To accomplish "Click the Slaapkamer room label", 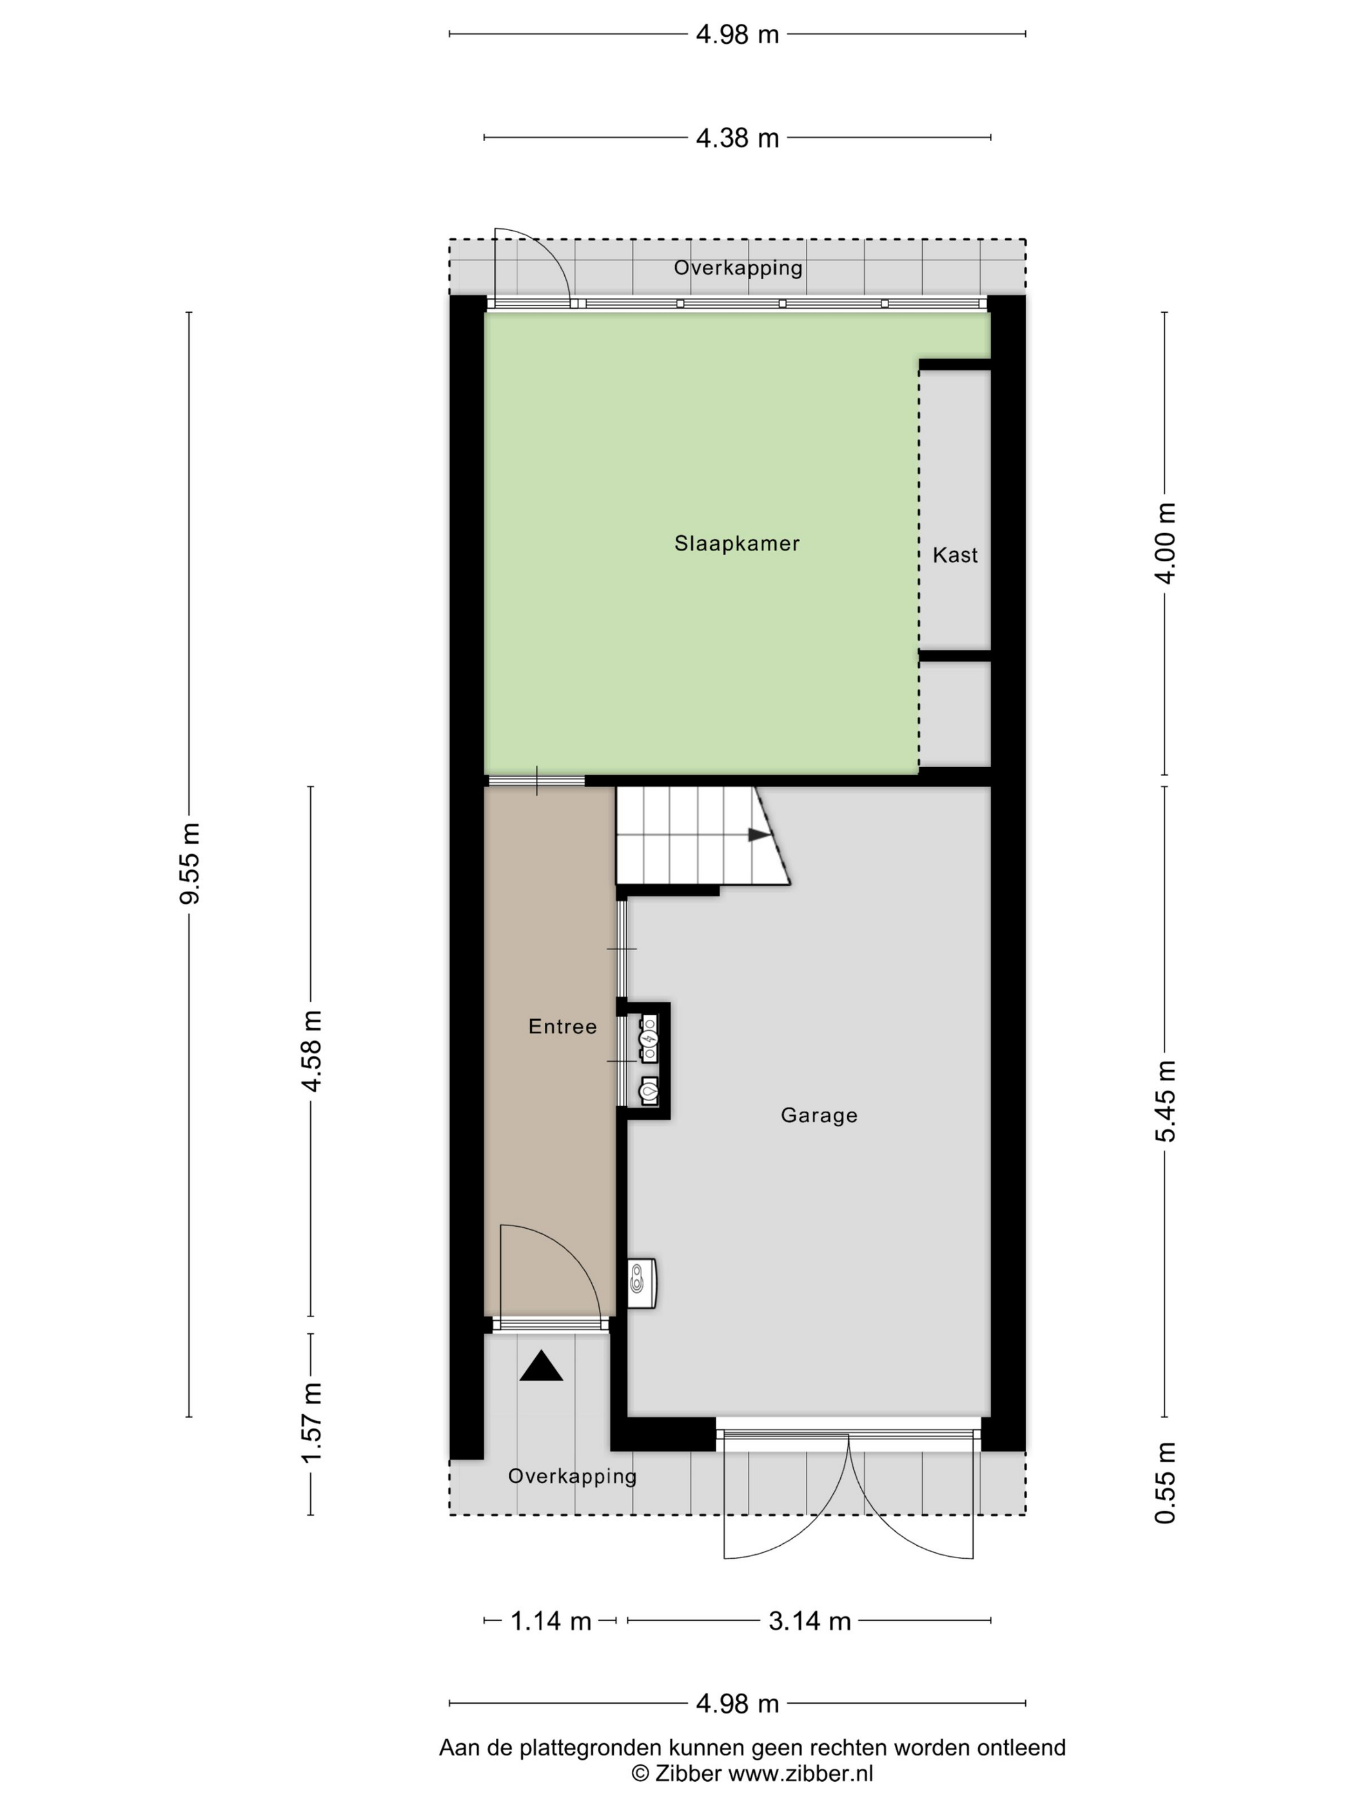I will tap(736, 543).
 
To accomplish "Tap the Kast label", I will tap(955, 555).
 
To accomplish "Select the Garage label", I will tap(819, 1115).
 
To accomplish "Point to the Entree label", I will tap(562, 1026).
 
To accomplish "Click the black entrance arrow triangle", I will tap(541, 1367).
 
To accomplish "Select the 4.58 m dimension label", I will tap(311, 1051).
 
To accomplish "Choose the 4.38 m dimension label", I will tap(737, 138).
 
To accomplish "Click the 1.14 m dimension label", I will tap(551, 1621).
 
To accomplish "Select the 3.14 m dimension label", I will tap(810, 1621).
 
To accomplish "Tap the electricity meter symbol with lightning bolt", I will tap(649, 1038).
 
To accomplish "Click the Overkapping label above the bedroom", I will tap(738, 268).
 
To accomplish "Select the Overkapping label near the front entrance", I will tap(572, 1476).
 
